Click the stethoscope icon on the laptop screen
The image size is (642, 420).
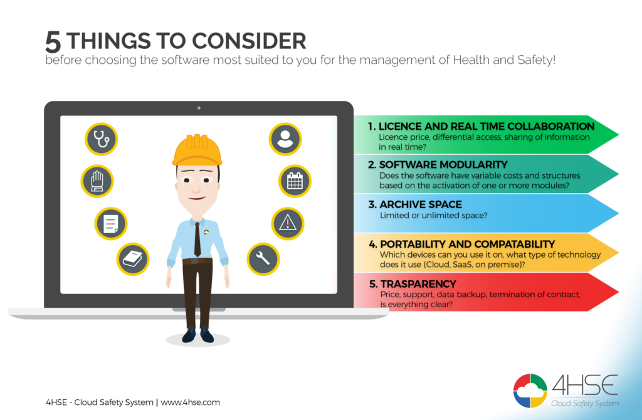pos(101,139)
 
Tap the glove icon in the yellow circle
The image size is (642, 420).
pos(97,181)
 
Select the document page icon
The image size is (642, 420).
pos(111,224)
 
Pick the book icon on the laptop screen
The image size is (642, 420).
pos(133,259)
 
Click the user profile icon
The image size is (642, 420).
pos(285,139)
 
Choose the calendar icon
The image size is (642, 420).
pos(295,181)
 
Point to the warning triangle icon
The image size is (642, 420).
pos(288,224)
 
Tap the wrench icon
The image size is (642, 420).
pos(263,259)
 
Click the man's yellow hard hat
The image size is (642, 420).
pos(197,150)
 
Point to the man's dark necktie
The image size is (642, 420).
pos(197,240)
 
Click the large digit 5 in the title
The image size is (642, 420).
pos(53,42)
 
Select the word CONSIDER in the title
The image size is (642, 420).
pos(249,41)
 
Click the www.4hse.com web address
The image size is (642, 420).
pos(190,402)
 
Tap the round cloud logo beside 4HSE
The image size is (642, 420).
pos(530,391)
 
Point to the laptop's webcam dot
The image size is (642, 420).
pos(199,108)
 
